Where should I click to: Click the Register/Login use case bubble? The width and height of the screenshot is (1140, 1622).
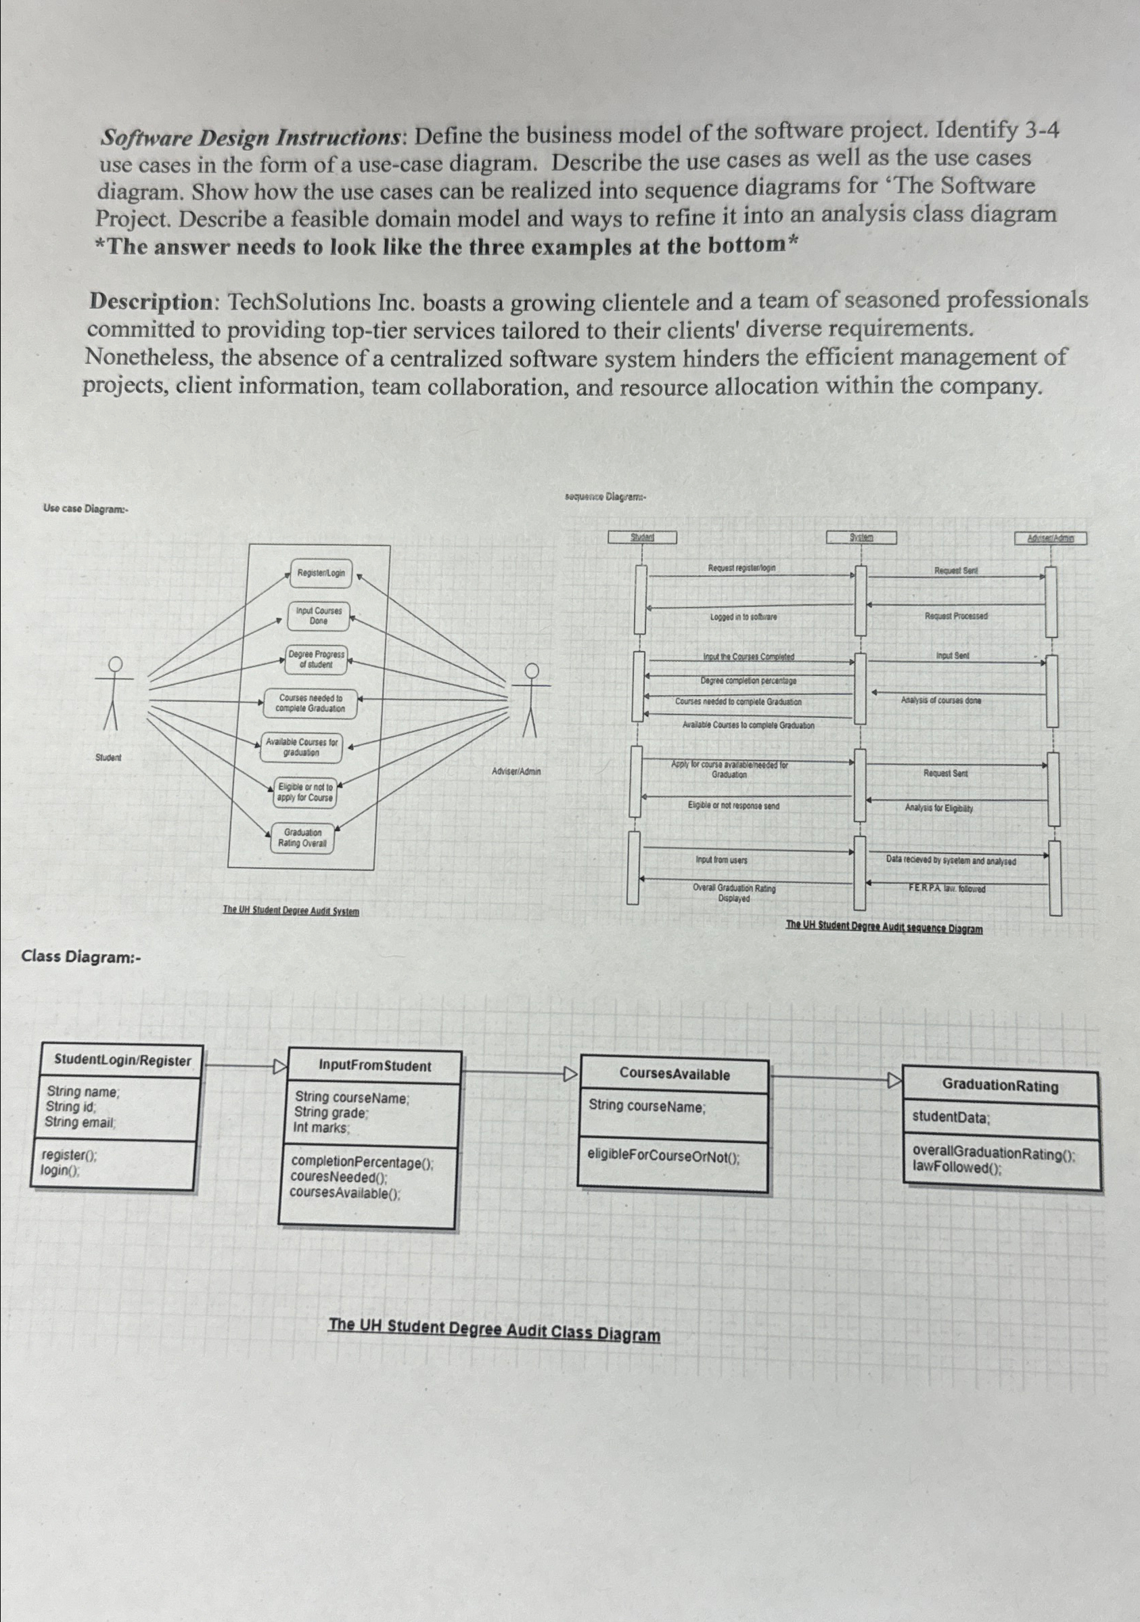click(321, 573)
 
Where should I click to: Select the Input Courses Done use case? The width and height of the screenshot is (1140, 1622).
click(319, 616)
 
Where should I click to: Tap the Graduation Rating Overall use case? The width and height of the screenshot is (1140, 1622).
click(302, 838)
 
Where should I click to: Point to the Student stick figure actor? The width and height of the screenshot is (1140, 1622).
click(113, 692)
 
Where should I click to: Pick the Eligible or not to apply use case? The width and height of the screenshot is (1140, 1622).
click(305, 792)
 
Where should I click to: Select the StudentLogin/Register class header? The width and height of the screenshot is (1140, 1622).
click(122, 1061)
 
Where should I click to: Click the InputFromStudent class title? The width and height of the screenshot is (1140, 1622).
click(374, 1066)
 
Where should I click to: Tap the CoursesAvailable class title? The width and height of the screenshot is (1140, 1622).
click(675, 1075)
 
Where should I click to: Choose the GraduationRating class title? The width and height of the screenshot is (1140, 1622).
click(1000, 1087)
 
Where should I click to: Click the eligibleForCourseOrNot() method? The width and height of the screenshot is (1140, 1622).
click(664, 1157)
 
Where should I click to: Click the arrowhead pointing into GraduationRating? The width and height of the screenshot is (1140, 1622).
click(895, 1080)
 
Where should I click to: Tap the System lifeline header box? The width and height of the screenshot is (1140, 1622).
click(861, 537)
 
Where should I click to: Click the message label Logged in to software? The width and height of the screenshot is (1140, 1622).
click(744, 617)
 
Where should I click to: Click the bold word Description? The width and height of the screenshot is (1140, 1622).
click(147, 303)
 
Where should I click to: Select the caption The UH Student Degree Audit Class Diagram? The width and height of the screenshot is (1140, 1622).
click(495, 1330)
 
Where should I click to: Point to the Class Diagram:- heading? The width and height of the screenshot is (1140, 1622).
click(81, 958)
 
